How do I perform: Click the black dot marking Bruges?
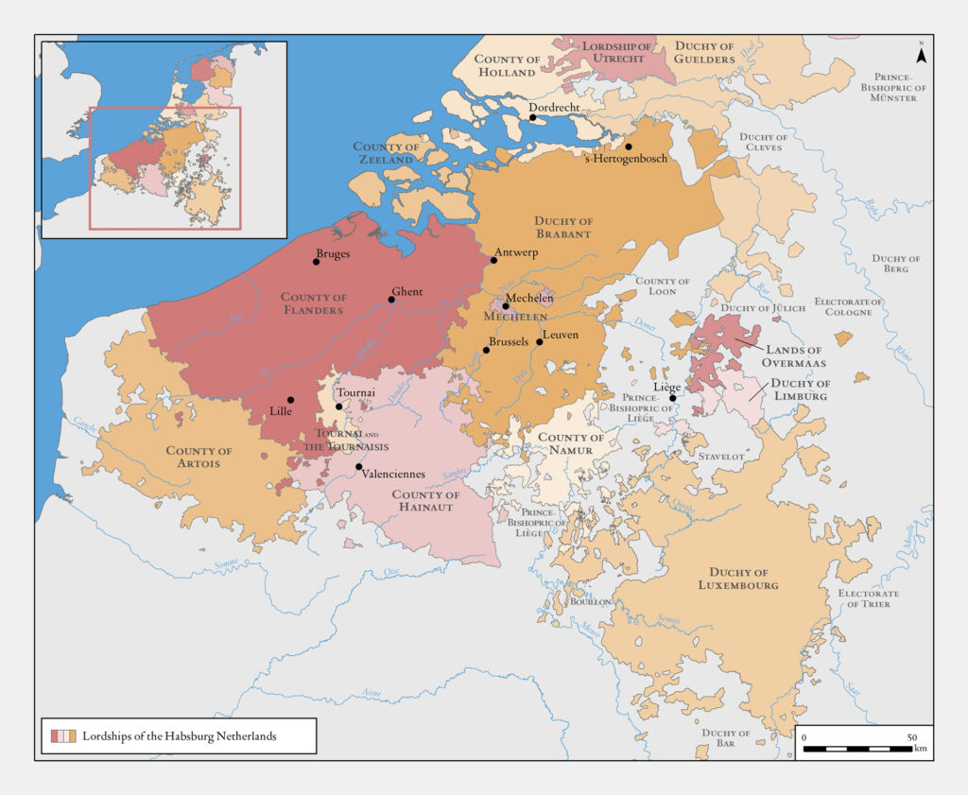[317, 262]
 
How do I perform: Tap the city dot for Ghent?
[391, 300]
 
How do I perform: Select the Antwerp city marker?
[493, 260]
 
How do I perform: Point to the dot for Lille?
[291, 400]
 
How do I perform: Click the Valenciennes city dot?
[358, 467]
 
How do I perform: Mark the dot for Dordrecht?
[532, 118]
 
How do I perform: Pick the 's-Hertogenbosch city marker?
[628, 147]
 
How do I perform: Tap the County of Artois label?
[199, 458]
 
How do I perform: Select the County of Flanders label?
[314, 303]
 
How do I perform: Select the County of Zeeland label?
[386, 153]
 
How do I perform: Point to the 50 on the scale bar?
[912, 736]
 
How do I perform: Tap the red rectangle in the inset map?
[165, 167]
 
